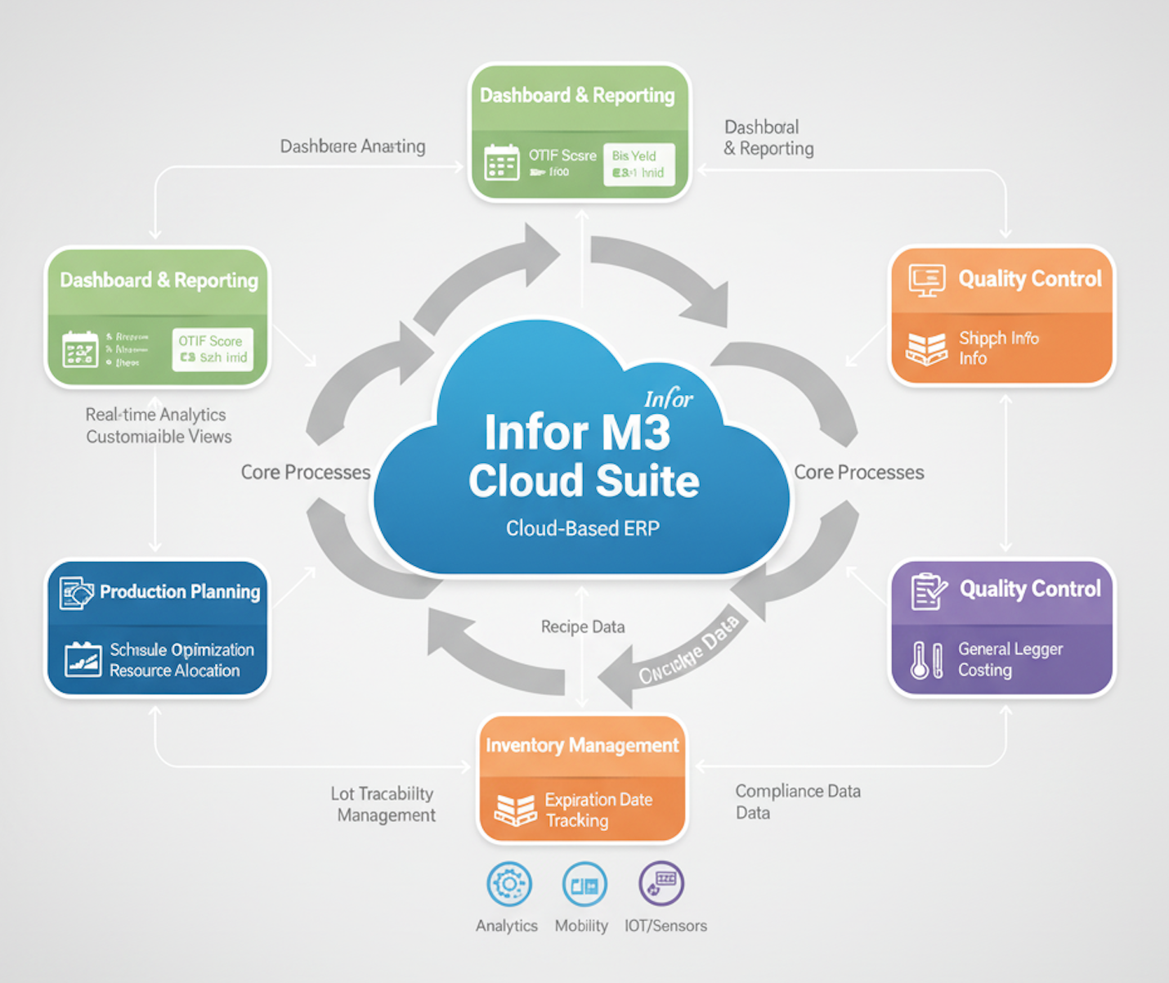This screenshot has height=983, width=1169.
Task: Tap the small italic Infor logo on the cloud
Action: click(x=668, y=399)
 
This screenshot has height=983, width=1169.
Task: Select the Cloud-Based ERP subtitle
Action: click(x=582, y=528)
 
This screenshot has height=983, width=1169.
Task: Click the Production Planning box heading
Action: click(x=179, y=592)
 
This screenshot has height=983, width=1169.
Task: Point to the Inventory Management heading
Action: click(x=582, y=745)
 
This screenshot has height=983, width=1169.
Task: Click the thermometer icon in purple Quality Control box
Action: click(x=920, y=660)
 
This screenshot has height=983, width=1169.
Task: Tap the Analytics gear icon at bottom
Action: click(x=508, y=884)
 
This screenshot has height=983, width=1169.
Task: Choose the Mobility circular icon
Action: click(x=584, y=885)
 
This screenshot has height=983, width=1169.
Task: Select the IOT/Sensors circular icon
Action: click(x=661, y=883)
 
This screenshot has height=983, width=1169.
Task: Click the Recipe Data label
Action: click(x=582, y=627)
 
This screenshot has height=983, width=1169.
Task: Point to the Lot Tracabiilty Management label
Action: click(x=384, y=804)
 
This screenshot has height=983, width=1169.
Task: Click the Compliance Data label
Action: click(x=797, y=792)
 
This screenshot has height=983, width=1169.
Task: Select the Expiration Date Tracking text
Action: click(x=598, y=810)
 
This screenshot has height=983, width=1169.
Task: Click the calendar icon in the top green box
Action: click(x=501, y=162)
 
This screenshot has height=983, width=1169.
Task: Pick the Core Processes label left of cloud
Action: click(x=305, y=473)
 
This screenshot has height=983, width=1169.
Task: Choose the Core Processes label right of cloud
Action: click(x=858, y=473)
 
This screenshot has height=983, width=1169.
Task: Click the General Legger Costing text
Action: click(x=1010, y=659)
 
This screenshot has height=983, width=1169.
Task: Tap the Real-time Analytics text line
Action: click(x=155, y=415)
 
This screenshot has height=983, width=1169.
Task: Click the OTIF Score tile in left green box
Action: click(x=213, y=349)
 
